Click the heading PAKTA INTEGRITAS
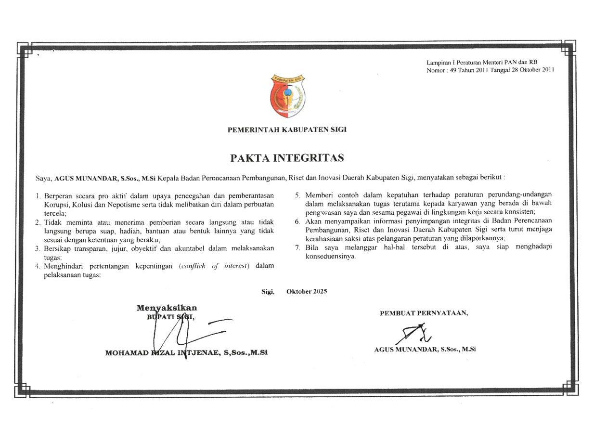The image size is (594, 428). [287, 158]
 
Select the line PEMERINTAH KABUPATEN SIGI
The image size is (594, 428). [287, 129]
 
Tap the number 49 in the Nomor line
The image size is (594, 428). [453, 70]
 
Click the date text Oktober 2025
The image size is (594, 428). [307, 291]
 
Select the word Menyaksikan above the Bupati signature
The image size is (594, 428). [167, 308]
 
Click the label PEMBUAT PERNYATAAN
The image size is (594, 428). [424, 313]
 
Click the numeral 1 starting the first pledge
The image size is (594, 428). [38, 196]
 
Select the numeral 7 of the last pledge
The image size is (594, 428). [297, 247]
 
